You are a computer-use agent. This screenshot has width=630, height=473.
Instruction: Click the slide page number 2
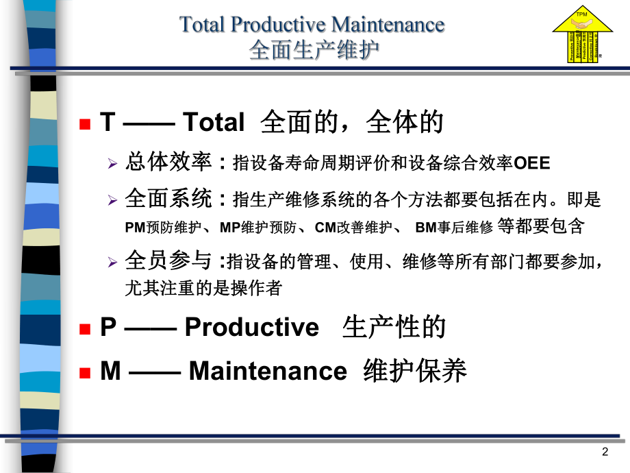tap(605, 452)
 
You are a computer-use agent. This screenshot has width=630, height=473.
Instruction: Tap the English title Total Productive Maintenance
tap(312, 25)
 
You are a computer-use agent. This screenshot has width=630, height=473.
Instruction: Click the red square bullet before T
tap(85, 124)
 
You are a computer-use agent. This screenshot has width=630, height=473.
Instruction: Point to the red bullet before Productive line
tap(85, 328)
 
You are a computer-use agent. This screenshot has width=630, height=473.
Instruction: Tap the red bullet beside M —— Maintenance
tap(85, 372)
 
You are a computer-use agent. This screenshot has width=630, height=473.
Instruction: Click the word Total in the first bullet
tap(214, 123)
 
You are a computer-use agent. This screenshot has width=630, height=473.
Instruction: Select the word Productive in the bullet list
tap(252, 327)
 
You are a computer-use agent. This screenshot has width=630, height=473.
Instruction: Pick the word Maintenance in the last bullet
tap(268, 371)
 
